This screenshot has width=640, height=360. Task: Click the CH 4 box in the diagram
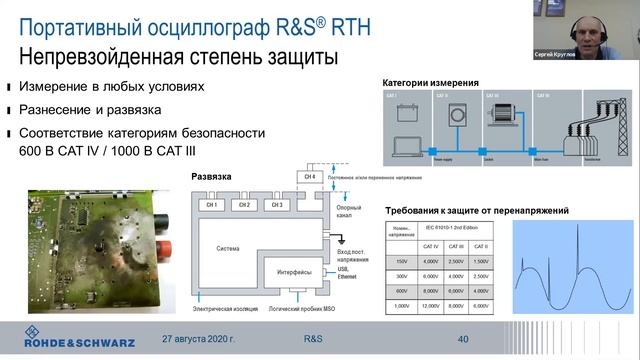pyautogui.click(x=309, y=178)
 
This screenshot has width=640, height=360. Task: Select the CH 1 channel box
pyautogui.click(x=212, y=204)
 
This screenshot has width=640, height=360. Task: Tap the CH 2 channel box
pyautogui.click(x=242, y=204)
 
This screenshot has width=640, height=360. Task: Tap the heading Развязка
pyautogui.click(x=211, y=176)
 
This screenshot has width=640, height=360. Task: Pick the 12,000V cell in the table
pyautogui.click(x=431, y=305)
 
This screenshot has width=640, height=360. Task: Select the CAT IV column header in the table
pyautogui.click(x=431, y=246)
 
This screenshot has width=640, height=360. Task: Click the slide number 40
pyautogui.click(x=463, y=340)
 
